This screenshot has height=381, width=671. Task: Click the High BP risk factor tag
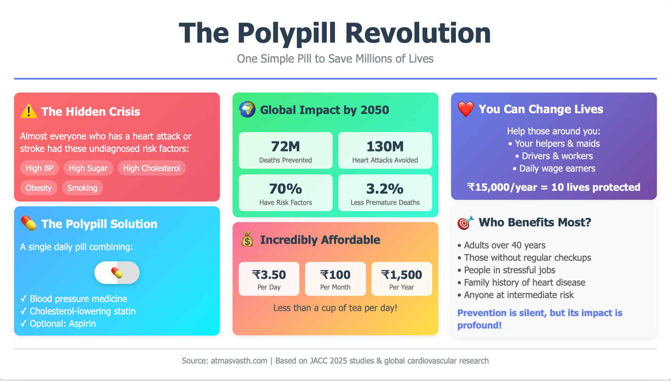[40, 168]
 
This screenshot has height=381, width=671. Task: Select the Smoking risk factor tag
[82, 188]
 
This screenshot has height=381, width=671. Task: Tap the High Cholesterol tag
[152, 168]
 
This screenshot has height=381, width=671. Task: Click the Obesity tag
[39, 188]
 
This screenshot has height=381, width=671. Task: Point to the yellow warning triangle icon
[28, 111]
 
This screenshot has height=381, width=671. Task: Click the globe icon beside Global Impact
[247, 110]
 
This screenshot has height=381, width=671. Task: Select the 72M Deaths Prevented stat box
[285, 150]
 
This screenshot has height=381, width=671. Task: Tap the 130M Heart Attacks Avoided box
[385, 150]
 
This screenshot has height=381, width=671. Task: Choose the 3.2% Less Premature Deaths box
[385, 193]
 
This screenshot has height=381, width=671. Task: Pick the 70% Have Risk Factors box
[285, 193]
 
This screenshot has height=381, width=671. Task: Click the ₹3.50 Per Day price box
[269, 279]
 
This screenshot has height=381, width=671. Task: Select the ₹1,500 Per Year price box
[402, 279]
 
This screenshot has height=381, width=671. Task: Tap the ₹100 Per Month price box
[335, 279]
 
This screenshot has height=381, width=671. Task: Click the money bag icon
[247, 240]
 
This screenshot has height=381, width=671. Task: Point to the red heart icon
[466, 109]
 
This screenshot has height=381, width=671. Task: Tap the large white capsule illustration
[117, 273]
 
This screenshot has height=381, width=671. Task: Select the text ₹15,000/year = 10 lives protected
[554, 187]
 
